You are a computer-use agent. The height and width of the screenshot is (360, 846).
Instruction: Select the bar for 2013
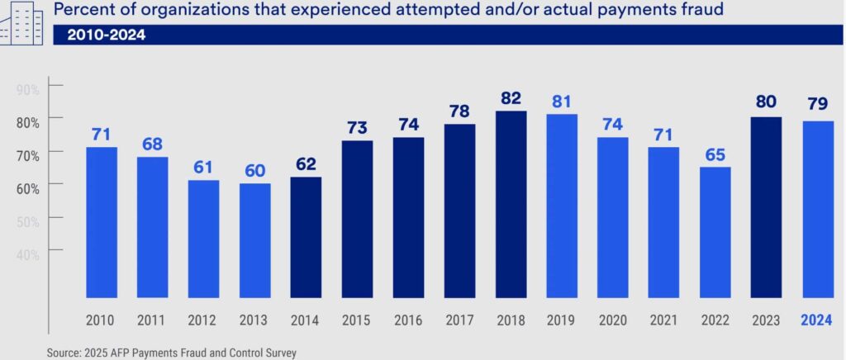pyautogui.click(x=254, y=239)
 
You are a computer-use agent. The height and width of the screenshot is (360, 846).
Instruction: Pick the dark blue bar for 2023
pyautogui.click(x=767, y=206)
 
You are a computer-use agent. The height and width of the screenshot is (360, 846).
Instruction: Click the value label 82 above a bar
pyautogui.click(x=511, y=98)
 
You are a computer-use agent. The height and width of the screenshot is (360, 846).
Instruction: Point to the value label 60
pyautogui.click(x=254, y=171)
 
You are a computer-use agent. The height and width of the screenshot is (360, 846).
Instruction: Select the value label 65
pyautogui.click(x=714, y=154)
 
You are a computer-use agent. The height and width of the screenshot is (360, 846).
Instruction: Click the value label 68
pyautogui.click(x=152, y=144)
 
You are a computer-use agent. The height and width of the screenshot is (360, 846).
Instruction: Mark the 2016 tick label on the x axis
pyautogui.click(x=408, y=321)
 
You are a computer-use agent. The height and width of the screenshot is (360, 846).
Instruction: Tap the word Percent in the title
pyautogui.click(x=83, y=12)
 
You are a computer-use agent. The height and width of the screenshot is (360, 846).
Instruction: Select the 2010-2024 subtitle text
pyautogui.click(x=104, y=36)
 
